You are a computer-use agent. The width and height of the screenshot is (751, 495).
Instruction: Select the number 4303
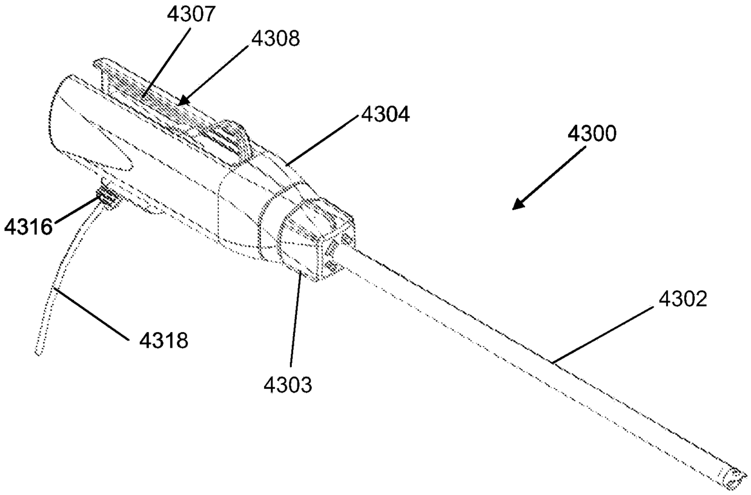click(x=288, y=384)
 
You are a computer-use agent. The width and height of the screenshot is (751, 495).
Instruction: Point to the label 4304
click(x=385, y=114)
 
